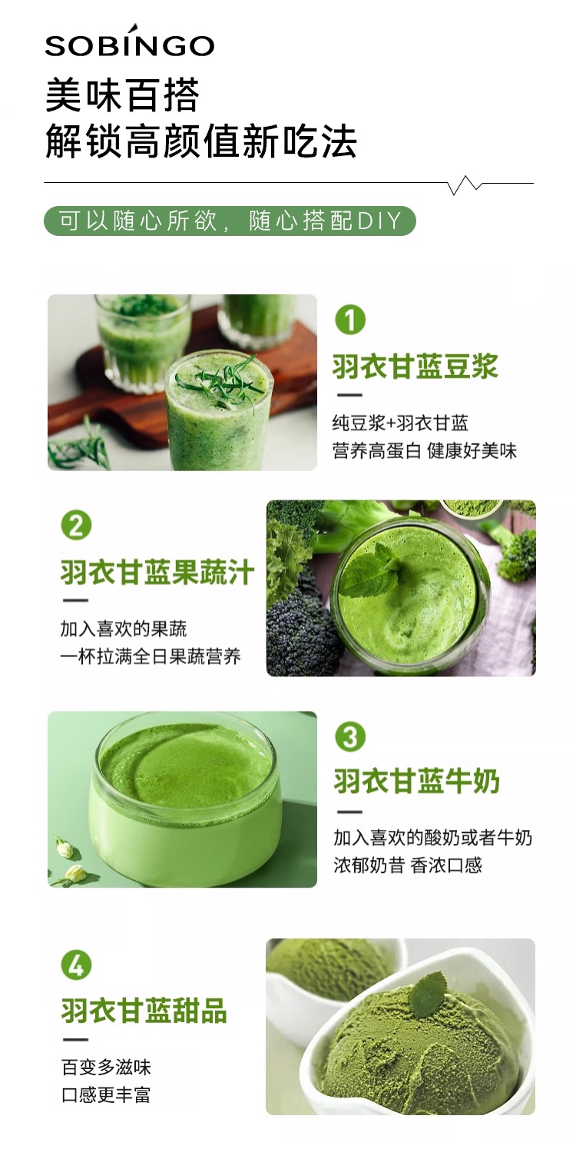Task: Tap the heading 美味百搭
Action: pos(123,96)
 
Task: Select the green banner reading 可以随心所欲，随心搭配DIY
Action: pos(230,221)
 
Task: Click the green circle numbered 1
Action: pos(350,319)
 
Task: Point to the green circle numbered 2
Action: pos(77,526)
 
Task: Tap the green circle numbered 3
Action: pos(350,736)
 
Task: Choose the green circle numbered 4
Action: pos(77,965)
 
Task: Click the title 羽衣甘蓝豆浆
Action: pos(415,367)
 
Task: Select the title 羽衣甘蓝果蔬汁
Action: pos(157,573)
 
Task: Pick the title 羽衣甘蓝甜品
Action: pos(144,1011)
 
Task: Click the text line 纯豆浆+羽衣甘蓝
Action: pos(400,423)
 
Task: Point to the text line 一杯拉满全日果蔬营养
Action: pos(151,656)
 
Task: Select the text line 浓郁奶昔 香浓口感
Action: pos(408,865)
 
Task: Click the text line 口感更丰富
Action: pos(106,1095)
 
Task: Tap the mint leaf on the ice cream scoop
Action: pos(426,992)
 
